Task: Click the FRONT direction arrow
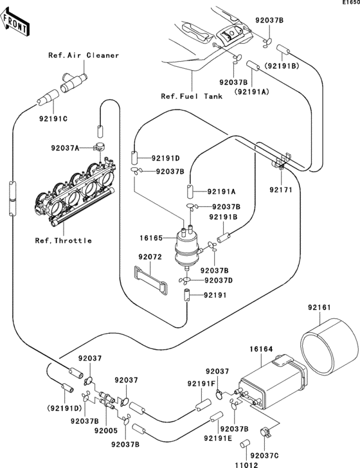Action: click(15, 22)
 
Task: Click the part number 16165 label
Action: click(151, 238)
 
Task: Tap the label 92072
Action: click(150, 256)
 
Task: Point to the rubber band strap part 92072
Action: click(150, 280)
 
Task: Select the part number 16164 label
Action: click(261, 349)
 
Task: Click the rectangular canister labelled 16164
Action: click(273, 382)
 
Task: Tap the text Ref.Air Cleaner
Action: click(84, 55)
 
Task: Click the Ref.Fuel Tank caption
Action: click(192, 96)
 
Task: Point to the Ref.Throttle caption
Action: click(63, 240)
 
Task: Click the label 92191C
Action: click(53, 119)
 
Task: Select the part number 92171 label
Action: click(281, 190)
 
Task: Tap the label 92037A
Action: click(65, 148)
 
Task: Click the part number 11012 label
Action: click(246, 465)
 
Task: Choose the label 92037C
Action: click(264, 456)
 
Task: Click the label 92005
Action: click(106, 431)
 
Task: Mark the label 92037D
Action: click(219, 280)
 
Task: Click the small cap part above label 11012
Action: click(245, 443)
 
